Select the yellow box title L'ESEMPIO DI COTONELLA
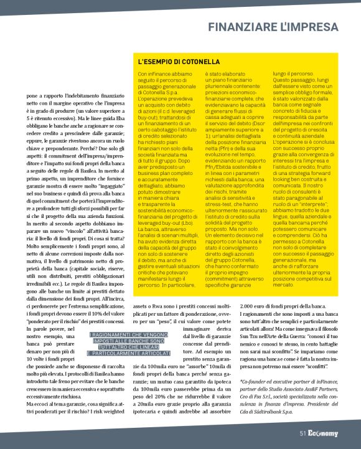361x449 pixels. [x=179, y=62]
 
